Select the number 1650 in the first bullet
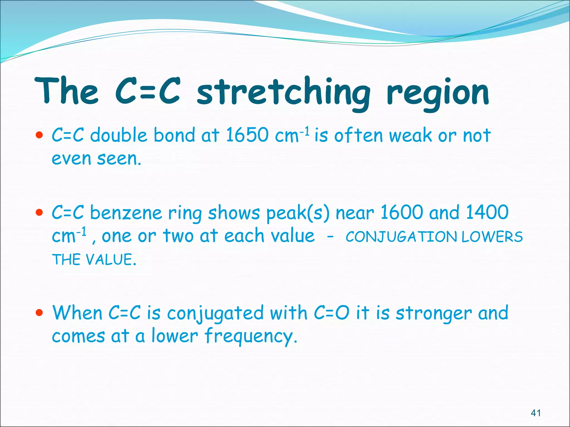click(x=247, y=135)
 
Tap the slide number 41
click(x=536, y=413)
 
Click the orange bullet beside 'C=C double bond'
click(x=40, y=135)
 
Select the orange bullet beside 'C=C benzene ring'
click(x=40, y=213)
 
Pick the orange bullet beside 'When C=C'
click(x=40, y=313)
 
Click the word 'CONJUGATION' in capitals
click(x=401, y=237)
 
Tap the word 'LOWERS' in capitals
click(x=492, y=237)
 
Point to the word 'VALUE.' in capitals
click(x=111, y=260)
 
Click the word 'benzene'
click(x=126, y=213)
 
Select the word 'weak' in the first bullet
click(x=410, y=136)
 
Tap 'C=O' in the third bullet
click(x=331, y=313)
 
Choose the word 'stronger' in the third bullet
click(x=434, y=314)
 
